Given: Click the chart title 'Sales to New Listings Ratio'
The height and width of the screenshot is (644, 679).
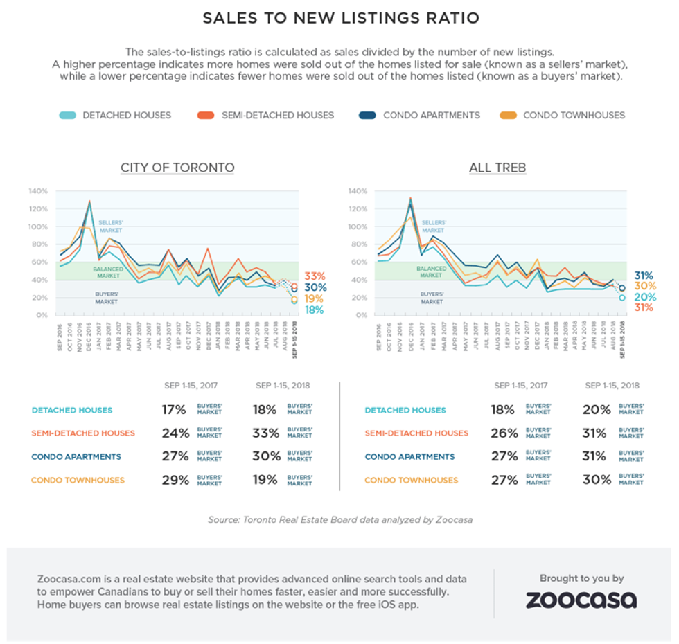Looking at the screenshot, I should tap(340, 18).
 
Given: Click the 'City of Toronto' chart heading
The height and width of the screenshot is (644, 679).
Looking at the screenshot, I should tap(177, 168).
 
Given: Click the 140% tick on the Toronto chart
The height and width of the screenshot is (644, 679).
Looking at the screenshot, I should tap(38, 191).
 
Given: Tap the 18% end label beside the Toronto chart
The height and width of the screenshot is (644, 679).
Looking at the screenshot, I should tap(316, 310).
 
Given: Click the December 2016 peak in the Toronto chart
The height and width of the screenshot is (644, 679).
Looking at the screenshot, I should tap(89, 202).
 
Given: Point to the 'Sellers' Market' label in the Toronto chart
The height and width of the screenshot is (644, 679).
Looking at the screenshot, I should tap(111, 227).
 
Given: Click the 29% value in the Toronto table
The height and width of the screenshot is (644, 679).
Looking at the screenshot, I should tap(175, 480).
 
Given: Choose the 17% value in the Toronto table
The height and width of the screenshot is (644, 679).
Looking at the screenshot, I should tap(175, 410).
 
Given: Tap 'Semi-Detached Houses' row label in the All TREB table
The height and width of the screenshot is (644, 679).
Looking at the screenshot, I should tap(416, 433).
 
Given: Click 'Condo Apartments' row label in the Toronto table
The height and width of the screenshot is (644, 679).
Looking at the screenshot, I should tap(76, 457).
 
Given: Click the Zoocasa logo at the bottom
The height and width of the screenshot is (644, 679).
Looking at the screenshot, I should tap(581, 600).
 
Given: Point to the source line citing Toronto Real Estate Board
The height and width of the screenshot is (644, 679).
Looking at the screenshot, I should tap(340, 519).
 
